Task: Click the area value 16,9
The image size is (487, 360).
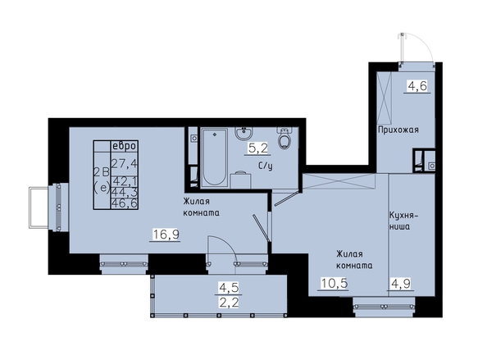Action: point(166,234)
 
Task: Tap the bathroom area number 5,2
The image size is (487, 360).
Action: point(257,148)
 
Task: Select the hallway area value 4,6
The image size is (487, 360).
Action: point(417,85)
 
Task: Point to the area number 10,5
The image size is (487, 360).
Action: point(335,283)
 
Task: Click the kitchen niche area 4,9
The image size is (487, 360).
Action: point(401,283)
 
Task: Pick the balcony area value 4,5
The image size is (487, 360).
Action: point(229,288)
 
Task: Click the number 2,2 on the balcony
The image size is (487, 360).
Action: point(229,302)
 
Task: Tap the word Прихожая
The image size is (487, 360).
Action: point(398,130)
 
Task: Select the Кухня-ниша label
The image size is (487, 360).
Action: point(404,221)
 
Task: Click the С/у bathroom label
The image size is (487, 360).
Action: point(266,166)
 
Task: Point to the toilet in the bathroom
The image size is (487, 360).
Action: point(284,139)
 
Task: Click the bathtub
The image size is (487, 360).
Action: point(214,157)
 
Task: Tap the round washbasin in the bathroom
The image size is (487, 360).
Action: point(243,134)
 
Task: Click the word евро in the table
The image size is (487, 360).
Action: point(125,146)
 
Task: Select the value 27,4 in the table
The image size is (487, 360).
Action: point(125,163)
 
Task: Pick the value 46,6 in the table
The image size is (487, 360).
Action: point(125,203)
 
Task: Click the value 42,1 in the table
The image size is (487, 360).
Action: point(125,180)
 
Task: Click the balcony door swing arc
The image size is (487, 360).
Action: point(228,244)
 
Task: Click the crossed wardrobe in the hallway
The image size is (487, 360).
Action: point(385,98)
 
